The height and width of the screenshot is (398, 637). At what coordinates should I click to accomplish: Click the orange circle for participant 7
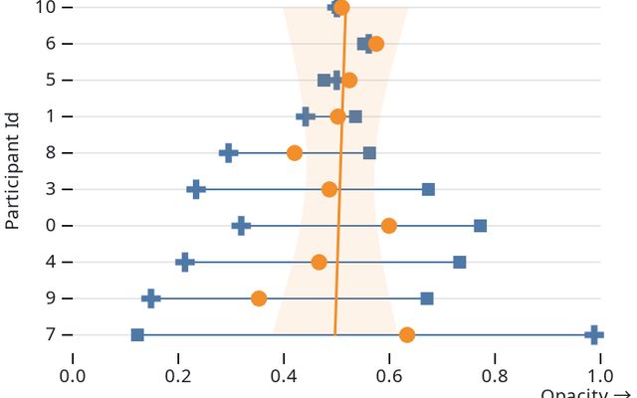click(x=407, y=334)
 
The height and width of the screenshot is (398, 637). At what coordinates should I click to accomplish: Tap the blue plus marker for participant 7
click(x=594, y=334)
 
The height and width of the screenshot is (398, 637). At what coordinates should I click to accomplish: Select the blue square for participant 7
click(x=137, y=334)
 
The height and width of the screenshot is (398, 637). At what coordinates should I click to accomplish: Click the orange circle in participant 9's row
click(x=259, y=298)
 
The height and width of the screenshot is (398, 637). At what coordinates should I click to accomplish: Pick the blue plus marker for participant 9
click(x=151, y=298)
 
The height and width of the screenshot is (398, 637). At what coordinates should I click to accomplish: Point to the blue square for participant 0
click(x=480, y=226)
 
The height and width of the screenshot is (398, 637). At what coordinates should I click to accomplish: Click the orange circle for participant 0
click(x=388, y=226)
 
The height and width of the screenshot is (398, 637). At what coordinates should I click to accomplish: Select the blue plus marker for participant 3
click(x=196, y=189)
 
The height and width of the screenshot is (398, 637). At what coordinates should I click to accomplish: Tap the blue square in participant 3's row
click(x=428, y=189)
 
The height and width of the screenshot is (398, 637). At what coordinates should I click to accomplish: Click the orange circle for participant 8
click(x=295, y=153)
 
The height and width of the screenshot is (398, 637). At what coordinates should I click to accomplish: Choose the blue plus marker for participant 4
click(x=184, y=262)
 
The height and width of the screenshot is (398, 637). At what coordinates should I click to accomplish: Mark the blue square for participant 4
click(x=459, y=262)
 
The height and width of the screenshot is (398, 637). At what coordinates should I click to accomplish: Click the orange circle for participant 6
click(x=375, y=44)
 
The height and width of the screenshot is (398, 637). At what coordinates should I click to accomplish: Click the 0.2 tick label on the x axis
click(x=178, y=375)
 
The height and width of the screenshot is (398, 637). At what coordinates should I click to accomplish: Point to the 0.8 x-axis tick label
click(x=495, y=375)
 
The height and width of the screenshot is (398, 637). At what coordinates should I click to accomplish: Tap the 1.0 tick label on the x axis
click(x=600, y=375)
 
